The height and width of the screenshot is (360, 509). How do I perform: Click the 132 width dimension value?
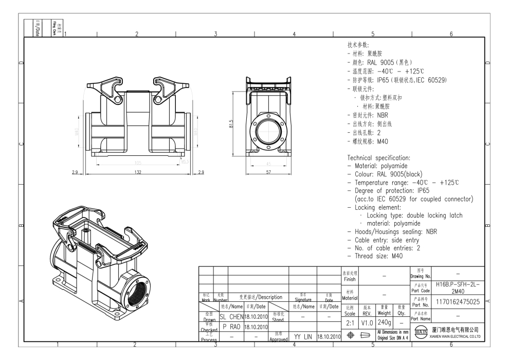(137, 172)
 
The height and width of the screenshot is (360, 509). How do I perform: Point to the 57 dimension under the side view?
(268, 172)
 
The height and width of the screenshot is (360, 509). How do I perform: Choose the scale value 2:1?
(350, 321)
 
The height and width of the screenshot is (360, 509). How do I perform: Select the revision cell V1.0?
(366, 321)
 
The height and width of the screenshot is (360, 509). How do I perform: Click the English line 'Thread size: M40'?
(378, 256)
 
